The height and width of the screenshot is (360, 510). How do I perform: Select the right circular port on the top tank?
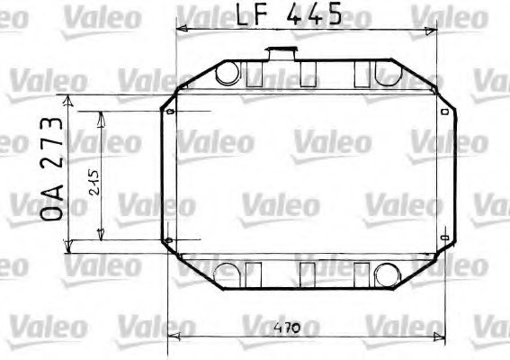(389, 72)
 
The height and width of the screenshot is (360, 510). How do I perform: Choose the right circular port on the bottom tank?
(389, 274)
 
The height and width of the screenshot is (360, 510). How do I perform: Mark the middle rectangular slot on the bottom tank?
(309, 272)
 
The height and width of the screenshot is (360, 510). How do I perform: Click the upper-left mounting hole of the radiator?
(169, 112)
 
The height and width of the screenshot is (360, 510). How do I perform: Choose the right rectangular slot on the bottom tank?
(362, 272)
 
